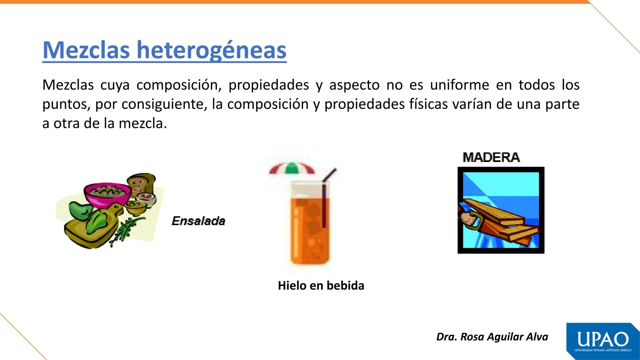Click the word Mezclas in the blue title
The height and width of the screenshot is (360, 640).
tap(86, 50)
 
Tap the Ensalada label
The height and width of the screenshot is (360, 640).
tap(198, 221)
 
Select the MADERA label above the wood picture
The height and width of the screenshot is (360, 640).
tap(491, 157)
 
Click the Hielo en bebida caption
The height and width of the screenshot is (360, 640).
tap(321, 286)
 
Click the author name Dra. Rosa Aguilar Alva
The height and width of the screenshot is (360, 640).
tap(492, 337)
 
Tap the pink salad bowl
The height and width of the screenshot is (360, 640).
tap(107, 193)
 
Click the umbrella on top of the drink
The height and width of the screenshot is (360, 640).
tap(292, 169)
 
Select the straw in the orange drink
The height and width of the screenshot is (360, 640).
tap(324, 200)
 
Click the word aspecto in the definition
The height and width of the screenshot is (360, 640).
tap(354, 85)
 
